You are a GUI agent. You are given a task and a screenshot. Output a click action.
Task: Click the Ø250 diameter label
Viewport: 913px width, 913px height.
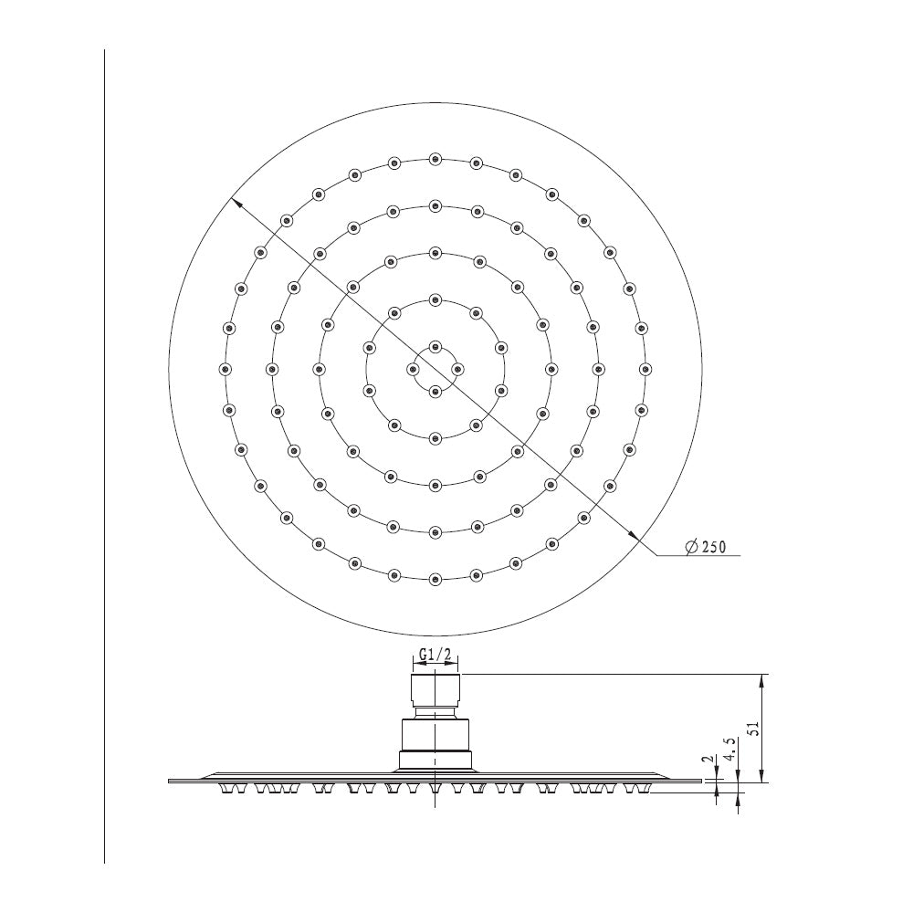coord(706,547)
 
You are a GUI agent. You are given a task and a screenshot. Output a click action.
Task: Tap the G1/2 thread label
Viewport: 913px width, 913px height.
coord(436,655)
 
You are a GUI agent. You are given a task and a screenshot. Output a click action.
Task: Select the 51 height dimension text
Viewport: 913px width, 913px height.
coord(753,728)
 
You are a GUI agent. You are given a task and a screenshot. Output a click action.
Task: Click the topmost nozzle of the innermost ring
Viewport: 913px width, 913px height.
coord(435,347)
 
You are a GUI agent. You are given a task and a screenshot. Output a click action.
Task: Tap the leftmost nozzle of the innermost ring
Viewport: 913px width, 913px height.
coord(413,369)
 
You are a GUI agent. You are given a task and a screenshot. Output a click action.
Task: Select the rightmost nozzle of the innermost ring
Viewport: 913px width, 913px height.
coord(457,369)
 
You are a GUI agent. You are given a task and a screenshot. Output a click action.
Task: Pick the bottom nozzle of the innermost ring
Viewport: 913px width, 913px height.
coord(435,392)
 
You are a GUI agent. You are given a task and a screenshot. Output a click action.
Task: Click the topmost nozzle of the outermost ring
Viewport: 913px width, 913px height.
coord(435,159)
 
